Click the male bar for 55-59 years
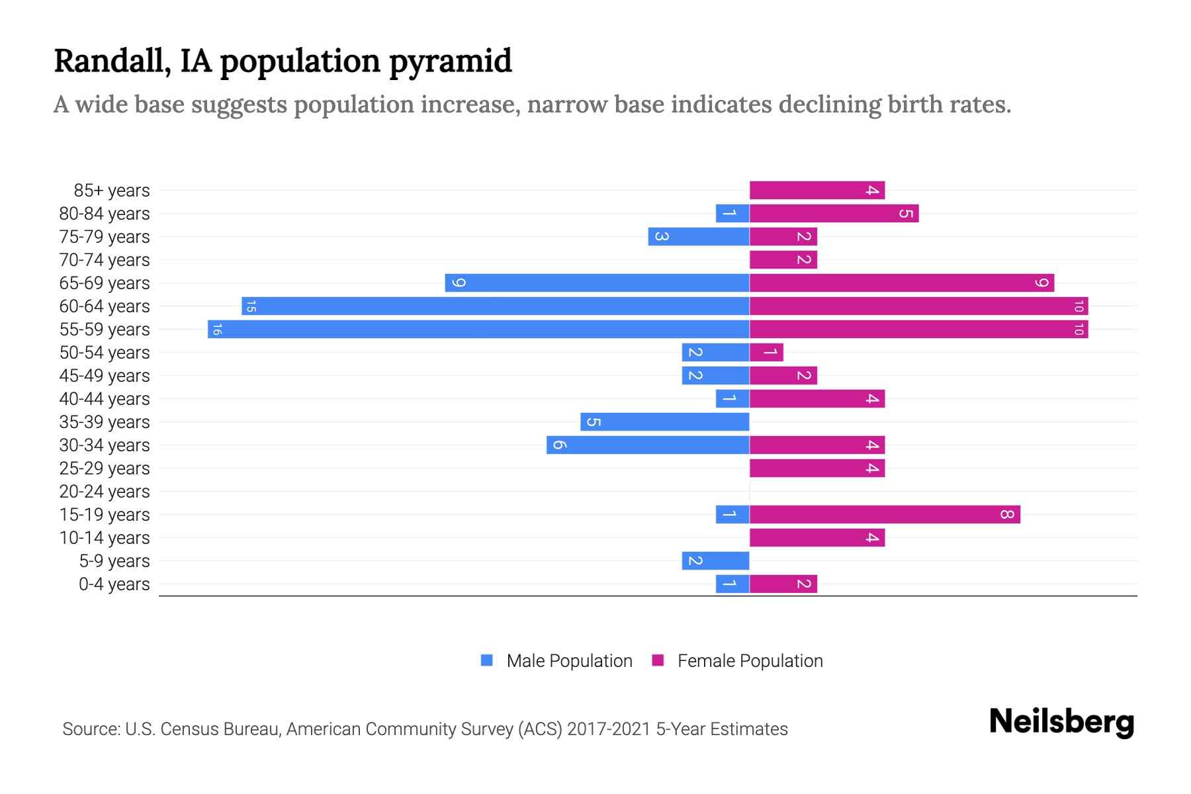click(478, 329)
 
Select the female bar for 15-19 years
click(885, 514)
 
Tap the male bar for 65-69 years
click(597, 283)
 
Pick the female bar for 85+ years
click(817, 190)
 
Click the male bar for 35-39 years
click(664, 421)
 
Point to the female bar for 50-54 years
click(766, 352)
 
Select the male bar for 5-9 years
click(715, 560)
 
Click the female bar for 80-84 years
click(834, 213)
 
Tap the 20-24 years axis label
click(105, 492)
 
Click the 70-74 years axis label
click(105, 260)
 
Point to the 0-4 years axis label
click(114, 584)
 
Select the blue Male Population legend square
click(487, 660)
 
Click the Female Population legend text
click(750, 661)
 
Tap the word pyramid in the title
click(450, 62)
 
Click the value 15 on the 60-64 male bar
click(251, 306)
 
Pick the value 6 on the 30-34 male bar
click(559, 445)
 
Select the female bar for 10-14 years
click(817, 537)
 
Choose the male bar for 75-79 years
click(699, 236)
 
